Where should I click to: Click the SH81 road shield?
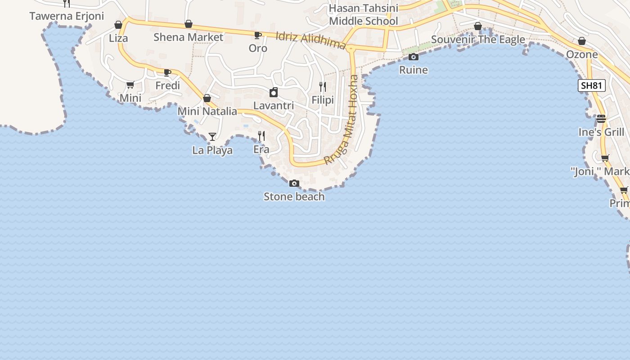[x=591, y=85]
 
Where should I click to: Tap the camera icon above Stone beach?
[x=294, y=183]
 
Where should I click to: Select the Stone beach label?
[x=294, y=197]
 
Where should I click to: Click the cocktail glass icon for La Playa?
[x=212, y=136]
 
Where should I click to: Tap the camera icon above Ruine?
[x=414, y=57]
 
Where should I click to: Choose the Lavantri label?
[x=274, y=106]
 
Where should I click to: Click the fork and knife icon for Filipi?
[x=323, y=86]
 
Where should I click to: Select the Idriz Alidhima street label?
[x=310, y=40]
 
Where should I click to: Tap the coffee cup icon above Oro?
[x=258, y=35]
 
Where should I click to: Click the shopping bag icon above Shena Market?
[x=189, y=24]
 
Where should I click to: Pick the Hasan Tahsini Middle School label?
[x=364, y=15]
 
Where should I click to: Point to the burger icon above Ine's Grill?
[x=601, y=119]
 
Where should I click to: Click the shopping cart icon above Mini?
[x=130, y=85]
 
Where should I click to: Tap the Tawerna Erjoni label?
[x=67, y=16]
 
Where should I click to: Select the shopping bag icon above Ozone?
[x=582, y=41]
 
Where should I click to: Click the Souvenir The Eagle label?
[x=478, y=40]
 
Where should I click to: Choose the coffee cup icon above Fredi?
[x=167, y=72]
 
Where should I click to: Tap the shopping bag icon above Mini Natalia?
[x=207, y=98]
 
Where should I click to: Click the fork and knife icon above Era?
[x=261, y=136]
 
